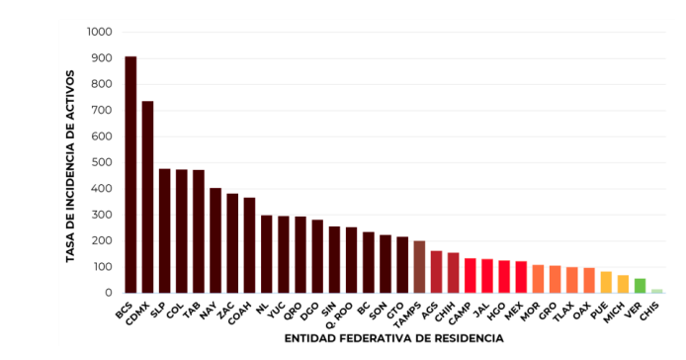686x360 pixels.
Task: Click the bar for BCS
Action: click(x=130, y=175)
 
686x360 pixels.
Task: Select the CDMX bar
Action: click(x=147, y=197)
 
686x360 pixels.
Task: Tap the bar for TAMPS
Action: click(x=419, y=267)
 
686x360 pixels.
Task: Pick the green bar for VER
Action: click(x=640, y=286)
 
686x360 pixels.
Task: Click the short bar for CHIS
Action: click(x=656, y=291)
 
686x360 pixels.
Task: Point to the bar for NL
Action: click(x=266, y=254)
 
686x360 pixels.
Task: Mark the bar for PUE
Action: click(x=606, y=282)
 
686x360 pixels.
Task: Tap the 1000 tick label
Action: click(x=99, y=33)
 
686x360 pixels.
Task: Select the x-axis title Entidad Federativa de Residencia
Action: click(x=393, y=338)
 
